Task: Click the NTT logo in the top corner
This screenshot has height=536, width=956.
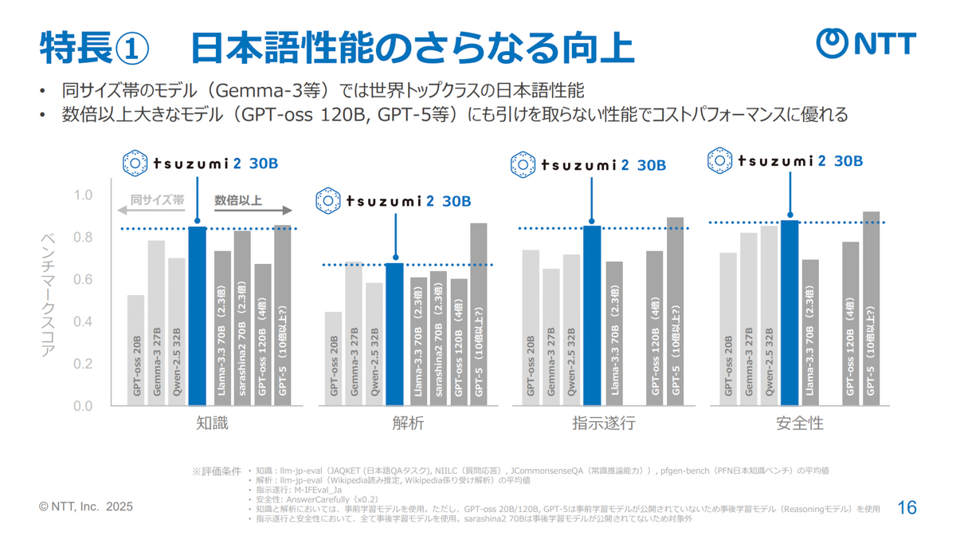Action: tap(866, 43)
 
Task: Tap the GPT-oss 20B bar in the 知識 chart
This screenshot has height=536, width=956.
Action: tap(136, 351)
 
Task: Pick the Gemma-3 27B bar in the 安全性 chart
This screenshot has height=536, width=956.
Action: tap(749, 319)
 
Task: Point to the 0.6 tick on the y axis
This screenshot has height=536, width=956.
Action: tap(83, 280)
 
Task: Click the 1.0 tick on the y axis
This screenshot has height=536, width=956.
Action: tap(83, 195)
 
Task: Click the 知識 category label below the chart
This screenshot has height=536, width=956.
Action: tap(212, 424)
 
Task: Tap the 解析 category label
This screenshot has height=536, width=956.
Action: tap(408, 424)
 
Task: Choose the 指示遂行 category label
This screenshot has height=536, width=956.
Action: tap(603, 424)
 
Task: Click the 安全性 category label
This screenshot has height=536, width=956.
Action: tap(799, 424)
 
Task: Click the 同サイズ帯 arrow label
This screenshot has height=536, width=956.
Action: tap(157, 201)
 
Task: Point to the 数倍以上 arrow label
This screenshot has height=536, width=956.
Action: tap(238, 201)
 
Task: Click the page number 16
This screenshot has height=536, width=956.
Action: tap(907, 507)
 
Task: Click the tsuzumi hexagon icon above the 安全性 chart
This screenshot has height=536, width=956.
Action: tap(720, 160)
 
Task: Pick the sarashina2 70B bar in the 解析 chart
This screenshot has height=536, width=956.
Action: tap(438, 338)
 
